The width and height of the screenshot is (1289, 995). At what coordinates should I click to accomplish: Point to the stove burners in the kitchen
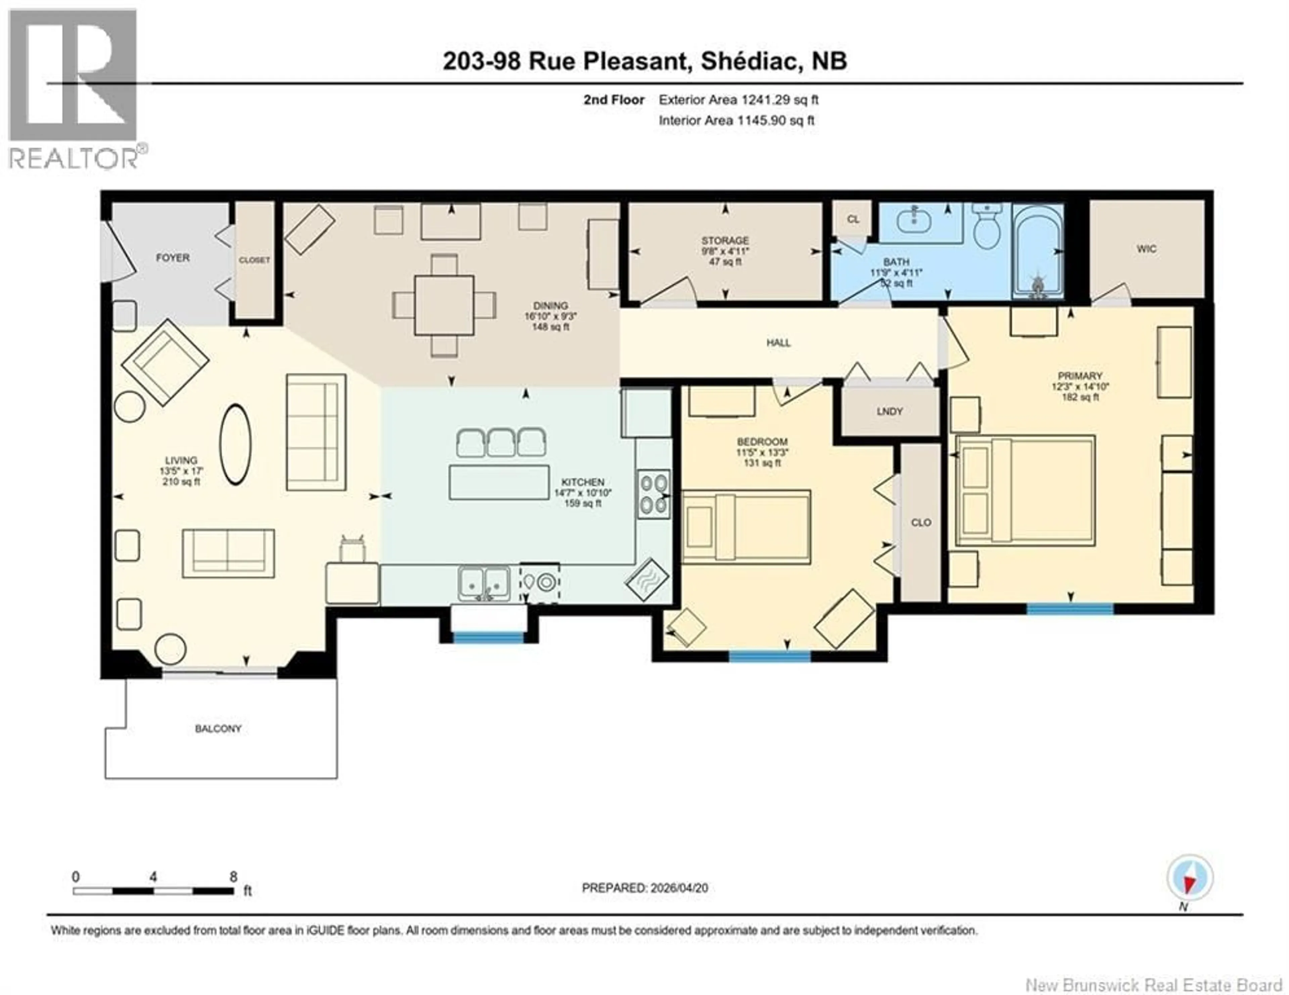pyautogui.click(x=653, y=494)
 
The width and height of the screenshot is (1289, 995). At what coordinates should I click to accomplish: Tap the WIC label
pyautogui.click(x=1146, y=249)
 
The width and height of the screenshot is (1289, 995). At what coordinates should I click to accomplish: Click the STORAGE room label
pyautogui.click(x=725, y=240)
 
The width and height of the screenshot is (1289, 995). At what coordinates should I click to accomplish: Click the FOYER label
pyautogui.click(x=172, y=258)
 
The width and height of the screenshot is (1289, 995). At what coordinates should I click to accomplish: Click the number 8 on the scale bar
pyautogui.click(x=233, y=876)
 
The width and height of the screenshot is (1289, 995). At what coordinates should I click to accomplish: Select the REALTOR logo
pyautogui.click(x=74, y=89)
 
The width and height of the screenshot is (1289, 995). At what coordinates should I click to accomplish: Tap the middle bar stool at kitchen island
pyautogui.click(x=501, y=443)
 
